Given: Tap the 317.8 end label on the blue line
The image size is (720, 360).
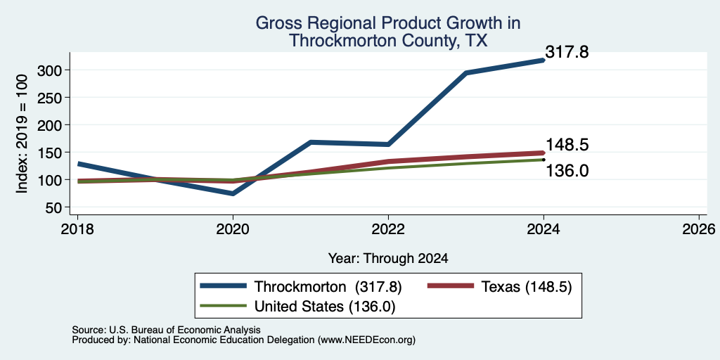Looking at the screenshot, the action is point(567,52).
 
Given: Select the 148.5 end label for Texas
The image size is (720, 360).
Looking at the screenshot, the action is point(567,145).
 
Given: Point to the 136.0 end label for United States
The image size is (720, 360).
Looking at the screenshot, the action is point(567,172).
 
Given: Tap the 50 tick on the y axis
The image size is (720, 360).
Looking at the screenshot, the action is point(55,207).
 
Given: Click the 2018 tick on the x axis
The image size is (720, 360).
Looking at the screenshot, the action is point(77,229).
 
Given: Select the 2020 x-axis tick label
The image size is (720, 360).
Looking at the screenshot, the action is point(233,229).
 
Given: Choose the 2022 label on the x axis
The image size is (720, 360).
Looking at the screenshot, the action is point(388,229).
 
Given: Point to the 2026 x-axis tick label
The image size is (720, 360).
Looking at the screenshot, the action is point(699,229).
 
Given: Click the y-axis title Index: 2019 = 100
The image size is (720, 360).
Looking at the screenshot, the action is point(22,134).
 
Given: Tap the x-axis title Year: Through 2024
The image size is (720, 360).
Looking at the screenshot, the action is point(388,259).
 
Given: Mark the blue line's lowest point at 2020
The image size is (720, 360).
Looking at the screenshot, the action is point(233,194).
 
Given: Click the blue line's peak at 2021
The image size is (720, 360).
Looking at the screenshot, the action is point(311,142).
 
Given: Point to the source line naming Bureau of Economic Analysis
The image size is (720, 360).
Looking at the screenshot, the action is point(166,330).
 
